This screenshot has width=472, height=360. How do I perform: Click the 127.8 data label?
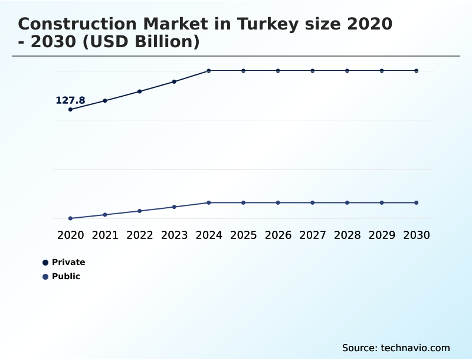click(70, 100)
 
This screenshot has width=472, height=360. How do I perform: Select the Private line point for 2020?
click(70, 109)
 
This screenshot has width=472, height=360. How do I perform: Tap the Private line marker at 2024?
click(209, 71)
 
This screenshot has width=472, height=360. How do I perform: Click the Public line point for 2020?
click(70, 218)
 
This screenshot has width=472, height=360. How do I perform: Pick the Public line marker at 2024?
click(209, 202)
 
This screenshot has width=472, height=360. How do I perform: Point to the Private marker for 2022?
click(140, 91)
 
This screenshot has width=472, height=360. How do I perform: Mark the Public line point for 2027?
click(313, 202)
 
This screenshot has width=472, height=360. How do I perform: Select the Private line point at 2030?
click(417, 71)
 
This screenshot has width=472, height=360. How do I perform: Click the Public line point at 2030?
click(417, 202)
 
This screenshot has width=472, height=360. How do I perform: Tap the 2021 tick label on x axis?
click(105, 235)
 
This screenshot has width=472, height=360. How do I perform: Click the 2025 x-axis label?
click(243, 235)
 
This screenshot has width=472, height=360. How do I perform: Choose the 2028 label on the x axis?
click(347, 235)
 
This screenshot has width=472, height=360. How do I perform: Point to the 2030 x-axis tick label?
click(417, 235)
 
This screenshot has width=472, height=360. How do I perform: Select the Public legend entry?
click(65, 276)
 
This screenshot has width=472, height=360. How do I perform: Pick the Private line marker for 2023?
click(174, 81)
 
